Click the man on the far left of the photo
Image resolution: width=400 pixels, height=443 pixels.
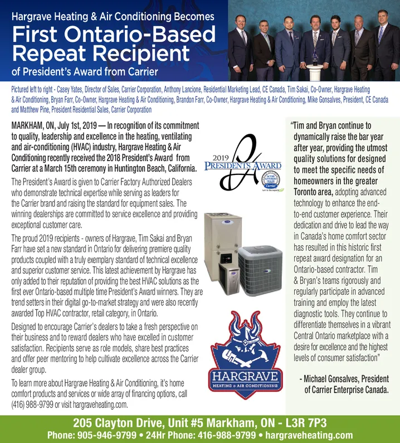coord(241,45)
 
